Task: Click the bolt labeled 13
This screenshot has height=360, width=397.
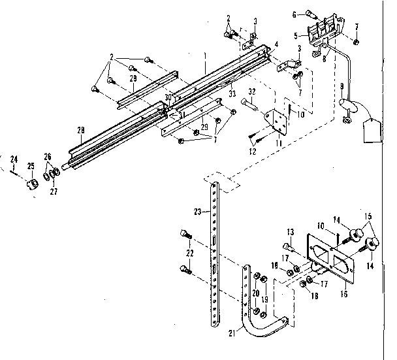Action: click(x=287, y=246)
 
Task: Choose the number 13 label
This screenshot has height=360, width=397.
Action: click(x=291, y=231)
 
